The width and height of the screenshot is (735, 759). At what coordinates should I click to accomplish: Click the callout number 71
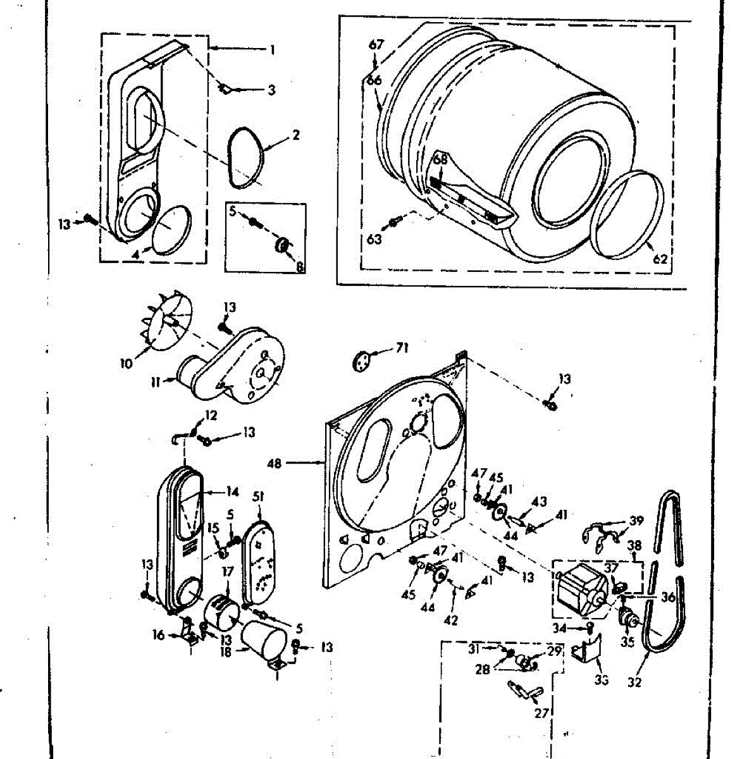tap(402, 347)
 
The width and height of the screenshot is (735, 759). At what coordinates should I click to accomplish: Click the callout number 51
tap(258, 497)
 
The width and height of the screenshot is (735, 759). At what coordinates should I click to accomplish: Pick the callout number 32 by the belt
tap(634, 682)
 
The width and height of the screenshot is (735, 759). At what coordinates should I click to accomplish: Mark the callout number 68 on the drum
tap(440, 160)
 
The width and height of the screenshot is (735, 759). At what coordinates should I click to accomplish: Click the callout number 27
tap(541, 713)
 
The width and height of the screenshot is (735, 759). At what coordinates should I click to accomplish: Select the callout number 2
tap(296, 134)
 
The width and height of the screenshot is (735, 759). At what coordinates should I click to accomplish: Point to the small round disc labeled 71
tap(361, 362)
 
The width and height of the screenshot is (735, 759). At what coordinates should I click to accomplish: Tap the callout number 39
tap(636, 521)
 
